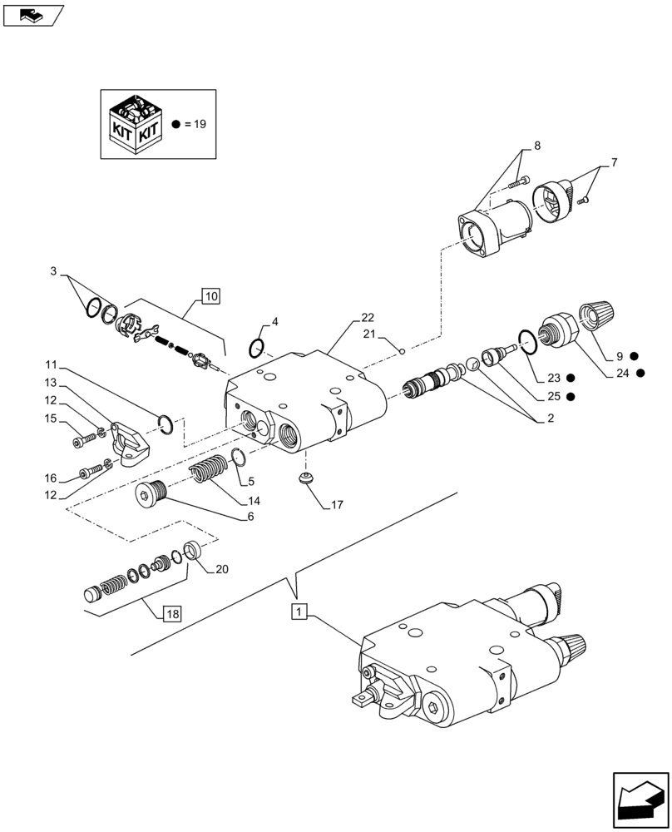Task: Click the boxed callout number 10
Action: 210,295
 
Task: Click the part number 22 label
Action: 368,317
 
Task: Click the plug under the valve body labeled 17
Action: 306,478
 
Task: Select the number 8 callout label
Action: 536,146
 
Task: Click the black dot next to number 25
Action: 571,397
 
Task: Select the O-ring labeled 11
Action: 166,423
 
